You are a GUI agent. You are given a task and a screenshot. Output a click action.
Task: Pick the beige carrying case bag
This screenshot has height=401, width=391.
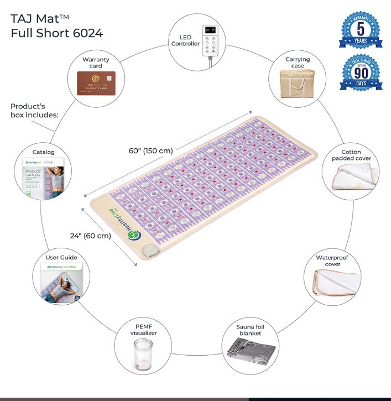[298, 83]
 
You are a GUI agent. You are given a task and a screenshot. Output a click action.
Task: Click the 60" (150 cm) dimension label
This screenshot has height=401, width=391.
[150, 150]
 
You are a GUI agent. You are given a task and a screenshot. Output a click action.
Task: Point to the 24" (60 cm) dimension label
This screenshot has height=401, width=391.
[91, 235]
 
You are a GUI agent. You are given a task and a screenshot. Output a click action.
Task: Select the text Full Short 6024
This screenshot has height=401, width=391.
[56, 33]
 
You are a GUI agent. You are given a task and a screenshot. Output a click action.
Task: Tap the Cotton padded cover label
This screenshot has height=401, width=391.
[351, 155]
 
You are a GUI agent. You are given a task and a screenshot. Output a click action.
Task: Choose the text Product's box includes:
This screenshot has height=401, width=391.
[34, 110]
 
